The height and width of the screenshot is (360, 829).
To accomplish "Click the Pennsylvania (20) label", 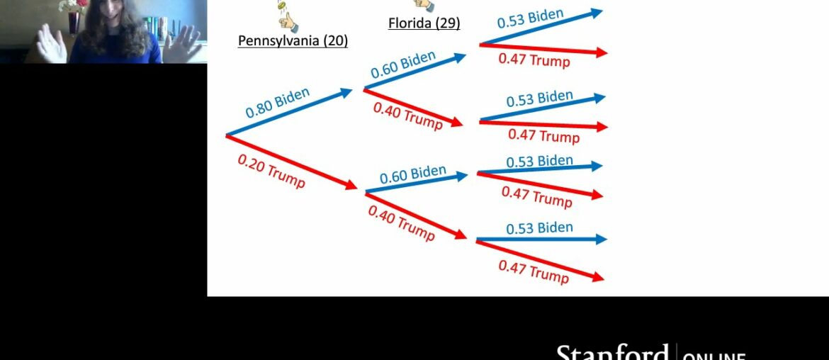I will [x=293, y=40].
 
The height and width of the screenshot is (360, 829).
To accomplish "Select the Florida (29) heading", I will [x=424, y=23].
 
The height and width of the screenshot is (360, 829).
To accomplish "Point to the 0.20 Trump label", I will [x=271, y=171].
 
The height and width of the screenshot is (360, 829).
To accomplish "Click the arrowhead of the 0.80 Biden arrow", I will [x=347, y=91].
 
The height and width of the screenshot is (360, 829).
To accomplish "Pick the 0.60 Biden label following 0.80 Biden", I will [x=404, y=66].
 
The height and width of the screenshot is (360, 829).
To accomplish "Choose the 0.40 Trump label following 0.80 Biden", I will [x=407, y=116].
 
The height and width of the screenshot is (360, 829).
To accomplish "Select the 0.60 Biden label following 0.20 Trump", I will [x=412, y=174].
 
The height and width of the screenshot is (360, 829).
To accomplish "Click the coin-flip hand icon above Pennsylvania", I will [x=287, y=16].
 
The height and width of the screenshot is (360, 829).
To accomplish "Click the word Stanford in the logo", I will [x=611, y=353].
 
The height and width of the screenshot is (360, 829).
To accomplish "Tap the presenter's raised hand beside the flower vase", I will [x=51, y=43].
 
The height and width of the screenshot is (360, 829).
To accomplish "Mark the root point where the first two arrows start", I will [x=226, y=135].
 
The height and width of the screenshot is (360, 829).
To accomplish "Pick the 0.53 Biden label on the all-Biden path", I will [x=530, y=18].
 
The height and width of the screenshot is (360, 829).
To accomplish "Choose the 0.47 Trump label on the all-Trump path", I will [x=533, y=271].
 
